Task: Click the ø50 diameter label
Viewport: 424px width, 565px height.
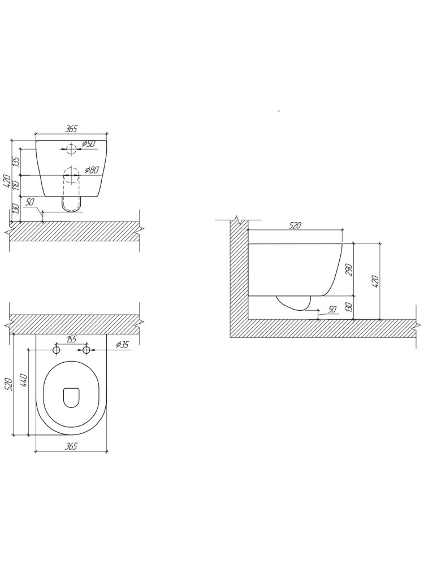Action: pos(88,144)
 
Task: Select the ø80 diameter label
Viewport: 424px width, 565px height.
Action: pos(92,170)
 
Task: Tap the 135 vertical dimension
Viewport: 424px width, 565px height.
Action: pos(16,162)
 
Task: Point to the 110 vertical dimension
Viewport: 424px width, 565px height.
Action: pos(16,186)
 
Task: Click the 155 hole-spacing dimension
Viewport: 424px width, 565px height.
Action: pos(71,339)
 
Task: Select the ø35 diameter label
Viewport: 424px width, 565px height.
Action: pos(123,345)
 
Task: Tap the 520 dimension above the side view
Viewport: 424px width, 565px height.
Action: pos(295,225)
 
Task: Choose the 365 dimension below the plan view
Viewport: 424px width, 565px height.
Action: pos(71,446)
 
